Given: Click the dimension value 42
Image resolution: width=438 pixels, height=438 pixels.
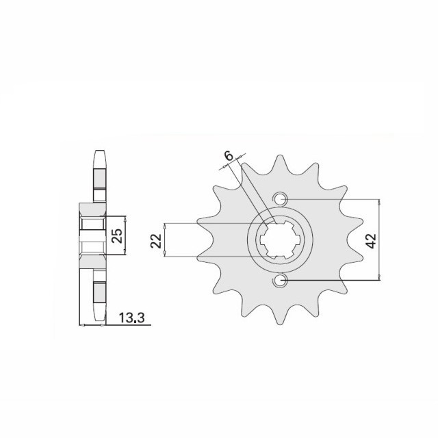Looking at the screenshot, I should (371, 240).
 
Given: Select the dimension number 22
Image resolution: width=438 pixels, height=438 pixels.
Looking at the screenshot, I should (155, 240).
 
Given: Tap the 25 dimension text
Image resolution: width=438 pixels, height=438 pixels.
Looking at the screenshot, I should (117, 237).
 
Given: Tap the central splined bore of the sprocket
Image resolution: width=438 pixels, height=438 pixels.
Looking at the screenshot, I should (279, 240).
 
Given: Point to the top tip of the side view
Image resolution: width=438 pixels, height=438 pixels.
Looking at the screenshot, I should (99, 151).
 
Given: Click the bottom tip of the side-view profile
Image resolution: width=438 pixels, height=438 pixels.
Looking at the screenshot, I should (99, 323).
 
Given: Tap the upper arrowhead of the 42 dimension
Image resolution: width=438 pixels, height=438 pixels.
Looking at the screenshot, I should (378, 203).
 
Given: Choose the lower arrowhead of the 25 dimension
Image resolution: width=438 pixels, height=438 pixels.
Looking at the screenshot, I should (125, 255).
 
